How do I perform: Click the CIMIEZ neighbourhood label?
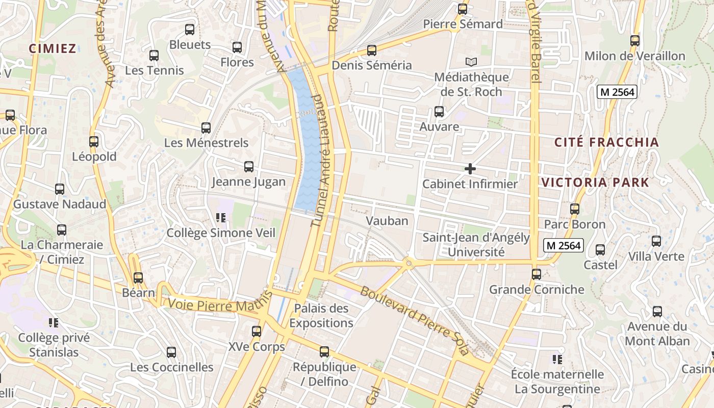point(53,48)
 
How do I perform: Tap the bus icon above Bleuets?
point(190,30)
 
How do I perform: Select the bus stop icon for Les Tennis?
point(154,56)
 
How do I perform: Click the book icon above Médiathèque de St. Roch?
point(471,62)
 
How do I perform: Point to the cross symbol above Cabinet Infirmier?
point(470,169)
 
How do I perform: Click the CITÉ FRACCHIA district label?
point(606,142)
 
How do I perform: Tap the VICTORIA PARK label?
point(595,182)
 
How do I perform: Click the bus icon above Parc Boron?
point(575,209)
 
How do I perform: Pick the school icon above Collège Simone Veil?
point(221,218)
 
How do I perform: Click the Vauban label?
point(387,221)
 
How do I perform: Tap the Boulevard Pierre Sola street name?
point(414,320)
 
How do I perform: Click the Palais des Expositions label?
point(321,316)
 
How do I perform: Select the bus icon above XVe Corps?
point(257,331)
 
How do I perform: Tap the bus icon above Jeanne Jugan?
point(249,167)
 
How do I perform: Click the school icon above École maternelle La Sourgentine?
point(557,360)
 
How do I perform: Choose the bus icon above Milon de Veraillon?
point(635,41)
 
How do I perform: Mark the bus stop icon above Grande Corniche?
point(537,274)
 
